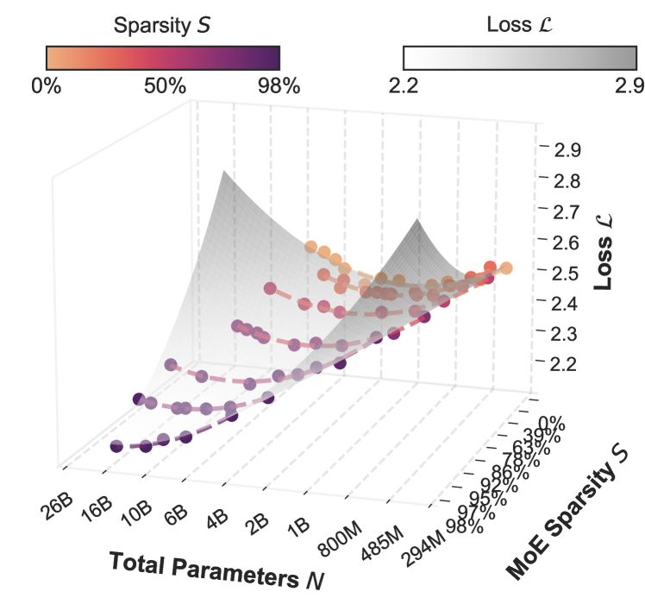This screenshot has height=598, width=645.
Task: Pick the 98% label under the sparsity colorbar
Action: click(x=278, y=86)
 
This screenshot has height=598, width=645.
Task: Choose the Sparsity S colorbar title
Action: click(x=162, y=27)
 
